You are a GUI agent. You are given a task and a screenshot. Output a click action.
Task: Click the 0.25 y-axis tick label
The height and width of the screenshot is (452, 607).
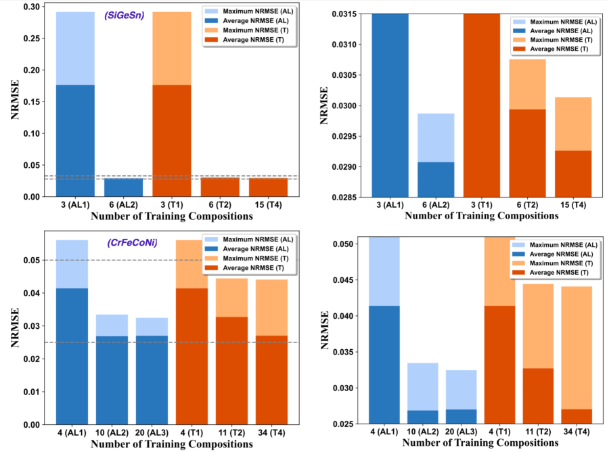tap(30, 39)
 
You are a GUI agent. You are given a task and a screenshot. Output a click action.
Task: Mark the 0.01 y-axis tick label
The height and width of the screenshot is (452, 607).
tap(30, 392)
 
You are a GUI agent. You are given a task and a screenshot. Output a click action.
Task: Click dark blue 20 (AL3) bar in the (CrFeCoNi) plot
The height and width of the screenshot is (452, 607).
tap(152, 379)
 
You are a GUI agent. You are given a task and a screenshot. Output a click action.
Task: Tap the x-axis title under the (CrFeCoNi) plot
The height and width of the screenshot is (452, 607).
tap(172, 445)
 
